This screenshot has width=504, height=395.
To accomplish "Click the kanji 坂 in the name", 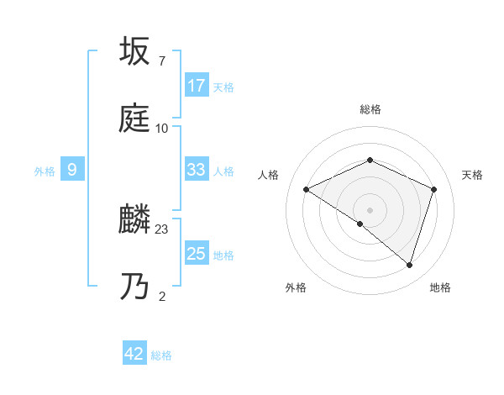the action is click(135, 51).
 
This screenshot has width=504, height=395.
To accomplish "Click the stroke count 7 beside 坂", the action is click(161, 61).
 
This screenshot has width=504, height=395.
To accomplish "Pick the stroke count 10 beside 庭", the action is click(162, 129).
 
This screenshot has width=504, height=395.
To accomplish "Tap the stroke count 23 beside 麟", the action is click(162, 229).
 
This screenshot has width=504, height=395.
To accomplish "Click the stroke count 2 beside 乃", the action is click(161, 296).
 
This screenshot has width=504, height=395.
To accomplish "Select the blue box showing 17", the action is click(197, 85).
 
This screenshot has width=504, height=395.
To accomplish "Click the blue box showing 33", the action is click(197, 170).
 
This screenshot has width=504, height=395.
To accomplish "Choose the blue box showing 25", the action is click(197, 254).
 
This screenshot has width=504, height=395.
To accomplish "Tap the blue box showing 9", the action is click(72, 171).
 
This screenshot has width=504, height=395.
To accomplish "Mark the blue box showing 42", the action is click(134, 354).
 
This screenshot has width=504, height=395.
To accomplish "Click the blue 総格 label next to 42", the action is click(161, 355).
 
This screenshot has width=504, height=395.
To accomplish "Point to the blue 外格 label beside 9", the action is click(45, 171).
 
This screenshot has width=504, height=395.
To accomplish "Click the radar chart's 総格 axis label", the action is click(370, 109).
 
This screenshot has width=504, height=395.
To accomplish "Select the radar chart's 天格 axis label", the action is click(472, 175).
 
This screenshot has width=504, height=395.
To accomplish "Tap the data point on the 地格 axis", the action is click(409, 265).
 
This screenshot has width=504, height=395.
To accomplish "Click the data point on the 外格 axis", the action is click(360, 224).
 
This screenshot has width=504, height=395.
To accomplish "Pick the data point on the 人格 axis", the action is click(307, 190).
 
